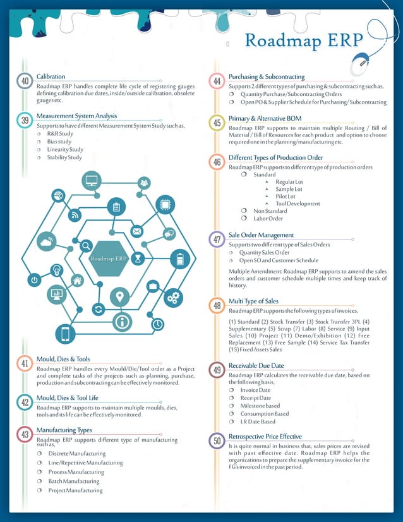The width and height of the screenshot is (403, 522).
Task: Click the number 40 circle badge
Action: [25, 82]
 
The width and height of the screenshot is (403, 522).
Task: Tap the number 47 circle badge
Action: [217, 240]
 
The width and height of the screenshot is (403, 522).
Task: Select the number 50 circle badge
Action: [217, 441]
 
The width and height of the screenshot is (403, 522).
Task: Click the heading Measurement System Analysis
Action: [76, 116]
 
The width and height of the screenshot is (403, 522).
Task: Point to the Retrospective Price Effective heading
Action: [265, 437]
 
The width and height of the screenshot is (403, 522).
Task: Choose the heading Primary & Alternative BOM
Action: [265, 118]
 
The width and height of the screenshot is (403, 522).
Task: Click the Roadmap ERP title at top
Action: [304, 40]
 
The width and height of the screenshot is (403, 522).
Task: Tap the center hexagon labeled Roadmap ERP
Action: [109, 258]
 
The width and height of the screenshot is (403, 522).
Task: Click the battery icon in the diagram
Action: [180, 259]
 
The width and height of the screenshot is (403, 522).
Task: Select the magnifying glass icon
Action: [85, 246]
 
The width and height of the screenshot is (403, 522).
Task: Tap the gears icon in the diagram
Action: [173, 297]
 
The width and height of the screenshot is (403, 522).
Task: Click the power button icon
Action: [34, 279]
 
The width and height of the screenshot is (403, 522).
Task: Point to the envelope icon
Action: [136, 231]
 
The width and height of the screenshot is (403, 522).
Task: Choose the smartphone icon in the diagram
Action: [65, 333]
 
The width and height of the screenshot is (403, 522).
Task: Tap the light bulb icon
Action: [56, 269]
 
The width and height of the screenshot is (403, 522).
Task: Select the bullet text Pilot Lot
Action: [288, 197]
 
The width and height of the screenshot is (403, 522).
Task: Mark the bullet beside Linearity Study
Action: [39, 150]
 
